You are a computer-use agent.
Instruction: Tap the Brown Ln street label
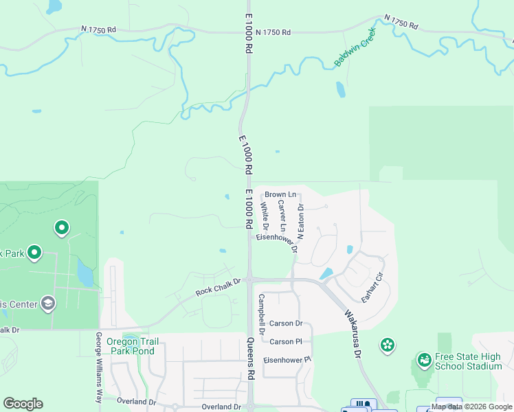click(280, 194)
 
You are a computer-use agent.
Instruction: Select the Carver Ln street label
click(282, 216)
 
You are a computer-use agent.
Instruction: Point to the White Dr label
click(265, 215)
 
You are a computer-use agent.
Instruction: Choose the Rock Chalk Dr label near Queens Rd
click(219, 287)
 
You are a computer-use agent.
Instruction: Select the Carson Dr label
click(286, 323)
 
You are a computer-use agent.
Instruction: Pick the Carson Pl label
click(286, 341)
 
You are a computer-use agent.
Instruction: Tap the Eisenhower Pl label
click(288, 359)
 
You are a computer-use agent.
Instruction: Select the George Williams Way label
click(99, 367)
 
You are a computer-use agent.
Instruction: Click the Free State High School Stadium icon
click(424, 359)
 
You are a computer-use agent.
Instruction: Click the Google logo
click(23, 404)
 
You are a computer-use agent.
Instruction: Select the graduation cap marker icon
click(47, 303)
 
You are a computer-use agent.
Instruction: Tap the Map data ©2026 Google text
click(471, 407)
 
